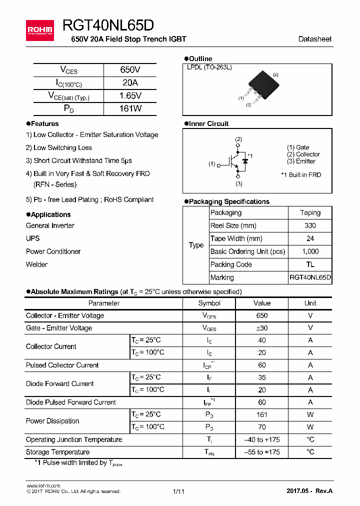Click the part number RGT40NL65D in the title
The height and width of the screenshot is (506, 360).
108,25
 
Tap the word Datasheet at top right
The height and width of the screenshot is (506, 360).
314,39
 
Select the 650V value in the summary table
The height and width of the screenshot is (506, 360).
130,70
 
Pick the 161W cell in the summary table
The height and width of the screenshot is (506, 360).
130,108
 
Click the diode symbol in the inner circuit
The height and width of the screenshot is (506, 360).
245,161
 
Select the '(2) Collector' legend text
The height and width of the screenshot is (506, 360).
303,154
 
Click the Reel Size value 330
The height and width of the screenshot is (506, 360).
310,225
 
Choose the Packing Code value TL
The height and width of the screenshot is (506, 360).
310,264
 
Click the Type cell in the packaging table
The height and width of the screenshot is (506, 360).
196,245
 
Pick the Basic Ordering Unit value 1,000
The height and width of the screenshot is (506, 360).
310,251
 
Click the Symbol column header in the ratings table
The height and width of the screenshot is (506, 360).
209,303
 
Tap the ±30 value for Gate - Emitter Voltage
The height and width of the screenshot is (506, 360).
261,328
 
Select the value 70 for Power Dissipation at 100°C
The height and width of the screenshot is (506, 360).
261,427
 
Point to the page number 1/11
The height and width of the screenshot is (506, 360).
178,491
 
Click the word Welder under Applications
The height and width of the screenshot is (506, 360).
36,264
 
